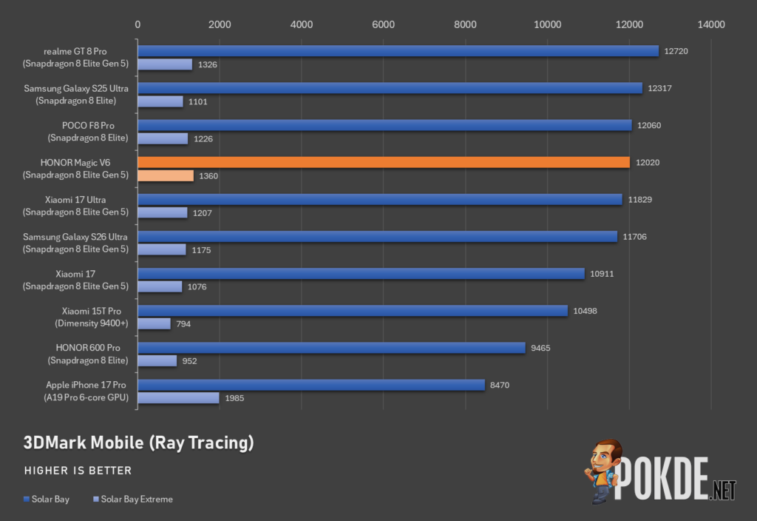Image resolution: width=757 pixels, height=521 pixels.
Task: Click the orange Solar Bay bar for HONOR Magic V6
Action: click(x=384, y=162)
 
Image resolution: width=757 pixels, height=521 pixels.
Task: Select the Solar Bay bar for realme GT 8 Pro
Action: click(x=398, y=51)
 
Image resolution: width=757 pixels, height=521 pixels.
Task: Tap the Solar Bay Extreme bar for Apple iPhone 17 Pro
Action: click(x=179, y=397)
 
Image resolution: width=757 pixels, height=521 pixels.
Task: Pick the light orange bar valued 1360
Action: click(x=166, y=176)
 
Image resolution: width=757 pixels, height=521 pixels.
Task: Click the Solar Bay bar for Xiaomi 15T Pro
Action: click(x=353, y=311)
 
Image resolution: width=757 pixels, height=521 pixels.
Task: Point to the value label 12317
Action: click(x=659, y=88)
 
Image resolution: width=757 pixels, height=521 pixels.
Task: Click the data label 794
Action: click(x=183, y=324)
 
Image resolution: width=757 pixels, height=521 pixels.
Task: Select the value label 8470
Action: click(x=500, y=385)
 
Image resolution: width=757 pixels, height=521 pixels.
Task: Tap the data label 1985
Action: click(x=234, y=398)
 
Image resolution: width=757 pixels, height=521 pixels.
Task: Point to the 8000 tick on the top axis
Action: click(x=465, y=24)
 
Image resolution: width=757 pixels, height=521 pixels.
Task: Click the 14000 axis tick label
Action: click(x=711, y=24)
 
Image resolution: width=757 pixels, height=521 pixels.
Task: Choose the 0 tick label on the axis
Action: click(x=138, y=24)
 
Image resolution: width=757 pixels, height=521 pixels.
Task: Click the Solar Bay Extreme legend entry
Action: click(x=133, y=500)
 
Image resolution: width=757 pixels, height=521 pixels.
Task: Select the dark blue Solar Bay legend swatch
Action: click(x=27, y=500)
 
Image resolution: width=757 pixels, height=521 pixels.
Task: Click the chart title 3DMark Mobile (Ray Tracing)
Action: click(x=138, y=443)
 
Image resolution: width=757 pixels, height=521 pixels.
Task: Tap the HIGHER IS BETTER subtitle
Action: click(x=78, y=471)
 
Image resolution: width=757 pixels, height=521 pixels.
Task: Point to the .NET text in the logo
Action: click(x=723, y=491)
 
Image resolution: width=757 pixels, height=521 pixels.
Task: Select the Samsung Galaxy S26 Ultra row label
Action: click(x=76, y=243)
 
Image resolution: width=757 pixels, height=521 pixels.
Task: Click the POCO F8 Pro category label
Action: click(x=88, y=132)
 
